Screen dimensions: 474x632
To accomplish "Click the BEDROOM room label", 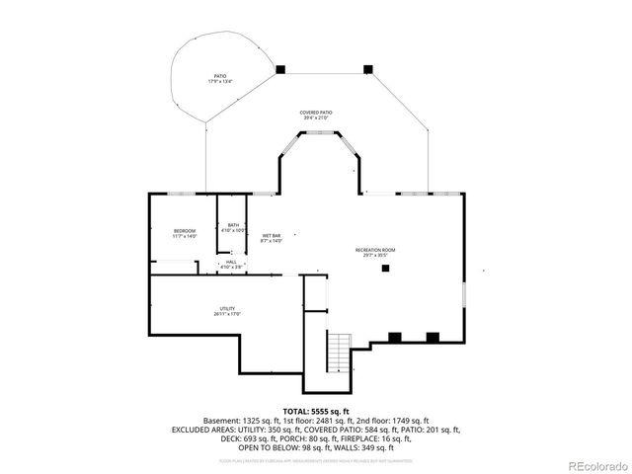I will pos(185,231).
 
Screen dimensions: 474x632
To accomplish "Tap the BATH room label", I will pos(233,225).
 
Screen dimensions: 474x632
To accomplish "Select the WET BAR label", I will pos(271,236).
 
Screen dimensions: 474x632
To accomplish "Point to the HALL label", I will pos(230,262).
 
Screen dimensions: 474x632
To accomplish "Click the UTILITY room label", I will pos(227,308).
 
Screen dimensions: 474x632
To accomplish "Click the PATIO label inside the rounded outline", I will pos(219,76).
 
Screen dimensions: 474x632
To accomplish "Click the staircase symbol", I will pos(339,348).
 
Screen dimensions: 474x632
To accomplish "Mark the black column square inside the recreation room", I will pos(386,268).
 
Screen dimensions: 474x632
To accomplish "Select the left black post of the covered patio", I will pos(280,69).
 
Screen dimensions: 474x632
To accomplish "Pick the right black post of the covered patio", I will pos(367,69).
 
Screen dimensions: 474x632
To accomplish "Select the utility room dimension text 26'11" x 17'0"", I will pos(227,314).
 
